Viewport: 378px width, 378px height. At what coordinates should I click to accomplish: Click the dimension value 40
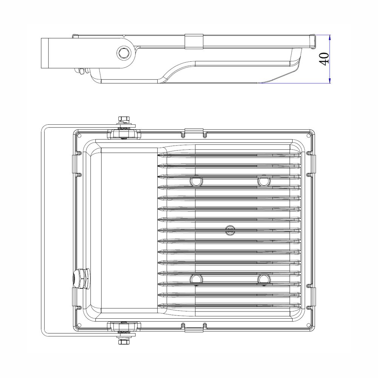coord(324,59)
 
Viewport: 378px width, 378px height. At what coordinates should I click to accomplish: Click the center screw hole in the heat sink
coord(230,230)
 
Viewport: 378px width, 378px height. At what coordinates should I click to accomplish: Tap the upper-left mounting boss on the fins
coord(197,181)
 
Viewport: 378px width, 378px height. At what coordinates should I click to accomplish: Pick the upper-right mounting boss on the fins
coord(264,181)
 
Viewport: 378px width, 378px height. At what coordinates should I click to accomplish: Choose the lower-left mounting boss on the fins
coord(197,279)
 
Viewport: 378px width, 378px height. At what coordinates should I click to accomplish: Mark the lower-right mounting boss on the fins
coord(264,279)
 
